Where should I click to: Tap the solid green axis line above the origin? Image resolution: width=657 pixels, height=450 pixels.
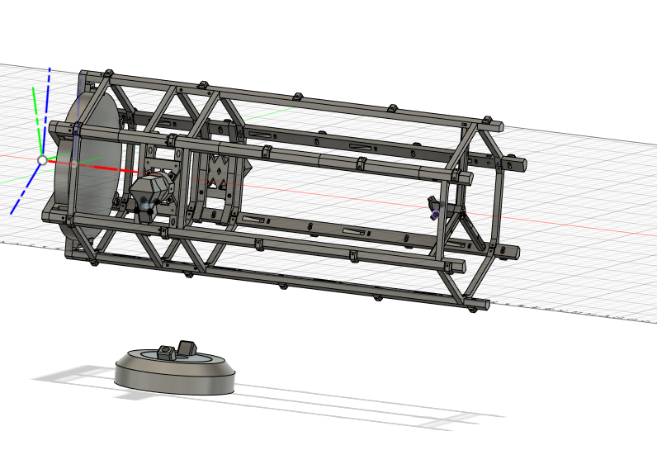(35, 116)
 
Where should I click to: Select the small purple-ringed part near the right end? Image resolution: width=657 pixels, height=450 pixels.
(435, 214)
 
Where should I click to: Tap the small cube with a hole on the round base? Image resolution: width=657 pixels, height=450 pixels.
(166, 353)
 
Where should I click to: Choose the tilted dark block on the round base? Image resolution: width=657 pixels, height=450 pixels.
(187, 347)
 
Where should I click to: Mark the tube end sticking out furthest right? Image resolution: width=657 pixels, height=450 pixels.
(518, 165)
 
